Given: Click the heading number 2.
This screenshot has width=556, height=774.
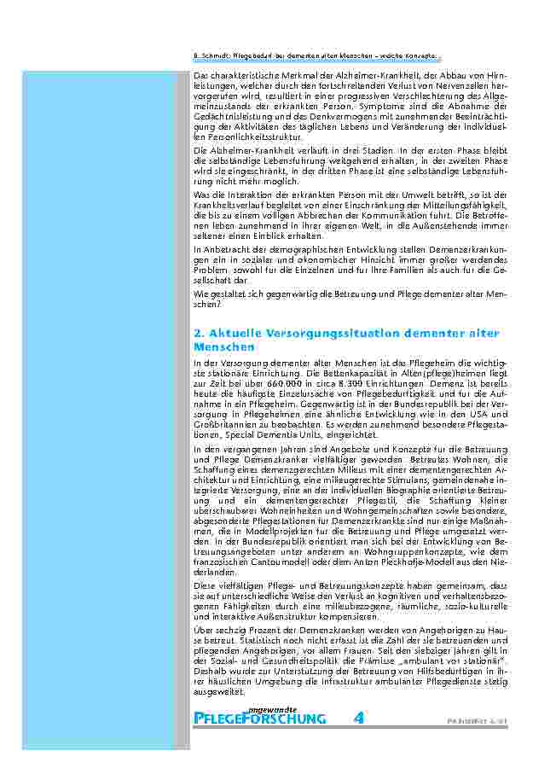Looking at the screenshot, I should [198, 333].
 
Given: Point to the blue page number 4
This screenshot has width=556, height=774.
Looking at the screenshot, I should [359, 718].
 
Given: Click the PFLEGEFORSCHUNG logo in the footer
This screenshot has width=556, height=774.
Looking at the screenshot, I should [260, 719].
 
